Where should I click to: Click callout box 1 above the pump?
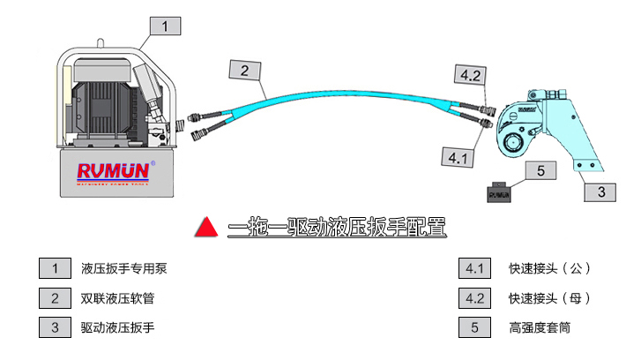[165, 26]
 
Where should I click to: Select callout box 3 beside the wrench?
[600, 191]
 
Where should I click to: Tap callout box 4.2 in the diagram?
[470, 75]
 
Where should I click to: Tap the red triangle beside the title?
[205, 229]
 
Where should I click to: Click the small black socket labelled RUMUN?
[501, 193]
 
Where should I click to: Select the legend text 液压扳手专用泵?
[123, 267]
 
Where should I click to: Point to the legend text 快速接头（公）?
[549, 267]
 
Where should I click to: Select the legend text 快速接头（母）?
[549, 297]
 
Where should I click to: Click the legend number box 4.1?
[475, 267]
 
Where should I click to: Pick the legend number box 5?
[475, 327]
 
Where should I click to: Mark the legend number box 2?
[55, 297]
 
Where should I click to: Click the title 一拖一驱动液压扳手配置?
[336, 229]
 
